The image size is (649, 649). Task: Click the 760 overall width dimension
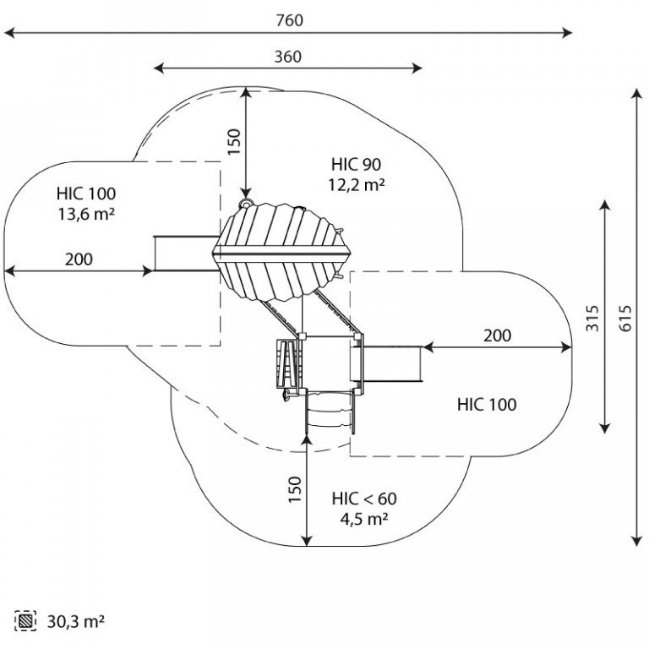(288, 20)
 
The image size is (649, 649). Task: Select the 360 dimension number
(288, 57)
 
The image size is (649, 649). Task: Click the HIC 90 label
(354, 165)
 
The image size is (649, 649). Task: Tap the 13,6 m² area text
(86, 214)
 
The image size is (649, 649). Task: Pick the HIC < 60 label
(364, 498)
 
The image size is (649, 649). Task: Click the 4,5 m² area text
(363, 518)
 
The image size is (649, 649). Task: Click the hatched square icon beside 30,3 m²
(27, 621)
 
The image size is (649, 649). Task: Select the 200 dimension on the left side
(79, 259)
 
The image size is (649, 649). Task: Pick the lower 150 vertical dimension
(295, 491)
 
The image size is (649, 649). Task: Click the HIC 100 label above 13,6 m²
(86, 194)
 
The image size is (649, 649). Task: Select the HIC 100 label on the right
(486, 405)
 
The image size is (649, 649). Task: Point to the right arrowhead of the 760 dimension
(568, 33)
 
